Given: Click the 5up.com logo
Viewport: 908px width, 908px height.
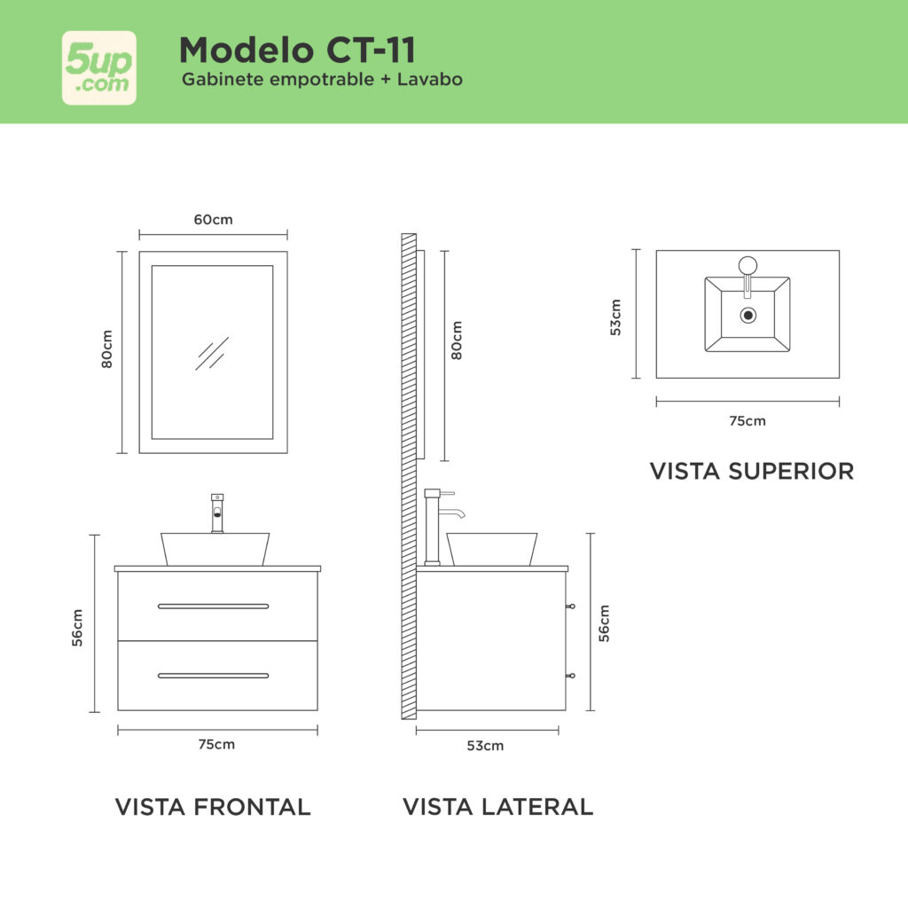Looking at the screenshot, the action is [99, 67].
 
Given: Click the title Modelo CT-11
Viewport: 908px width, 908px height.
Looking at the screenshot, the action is [298, 50].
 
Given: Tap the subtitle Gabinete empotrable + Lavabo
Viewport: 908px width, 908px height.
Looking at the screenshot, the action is [322, 79].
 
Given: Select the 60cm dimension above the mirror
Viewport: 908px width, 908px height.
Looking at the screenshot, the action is [213, 220].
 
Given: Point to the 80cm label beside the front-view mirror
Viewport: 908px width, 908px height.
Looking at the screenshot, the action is [107, 349].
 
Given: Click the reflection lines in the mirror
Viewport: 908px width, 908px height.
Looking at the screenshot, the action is [212, 353].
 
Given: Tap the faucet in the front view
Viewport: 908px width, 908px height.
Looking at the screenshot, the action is [217, 513].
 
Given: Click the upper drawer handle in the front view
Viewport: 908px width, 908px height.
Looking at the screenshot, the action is [213, 607].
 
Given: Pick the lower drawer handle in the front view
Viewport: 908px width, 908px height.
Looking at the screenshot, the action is [213, 676].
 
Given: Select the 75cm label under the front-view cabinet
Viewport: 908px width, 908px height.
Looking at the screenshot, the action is [216, 744].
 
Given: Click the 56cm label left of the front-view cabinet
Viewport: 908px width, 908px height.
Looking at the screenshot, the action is [77, 627].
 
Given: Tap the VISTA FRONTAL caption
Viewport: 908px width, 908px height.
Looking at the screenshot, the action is [213, 807].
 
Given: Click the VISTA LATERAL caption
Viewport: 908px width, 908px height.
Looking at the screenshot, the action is [498, 807].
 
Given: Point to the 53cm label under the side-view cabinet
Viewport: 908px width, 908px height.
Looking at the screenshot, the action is [485, 746].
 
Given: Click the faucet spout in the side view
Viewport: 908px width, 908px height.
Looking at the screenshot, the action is [452, 513].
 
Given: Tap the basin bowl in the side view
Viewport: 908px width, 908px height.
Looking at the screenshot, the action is [491, 549].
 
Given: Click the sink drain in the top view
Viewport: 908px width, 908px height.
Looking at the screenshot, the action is [748, 315].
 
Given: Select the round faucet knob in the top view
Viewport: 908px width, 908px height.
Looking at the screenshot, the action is [748, 265].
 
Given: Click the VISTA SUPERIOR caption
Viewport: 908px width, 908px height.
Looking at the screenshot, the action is [752, 472].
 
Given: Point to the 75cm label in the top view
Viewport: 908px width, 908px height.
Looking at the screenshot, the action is [748, 421].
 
